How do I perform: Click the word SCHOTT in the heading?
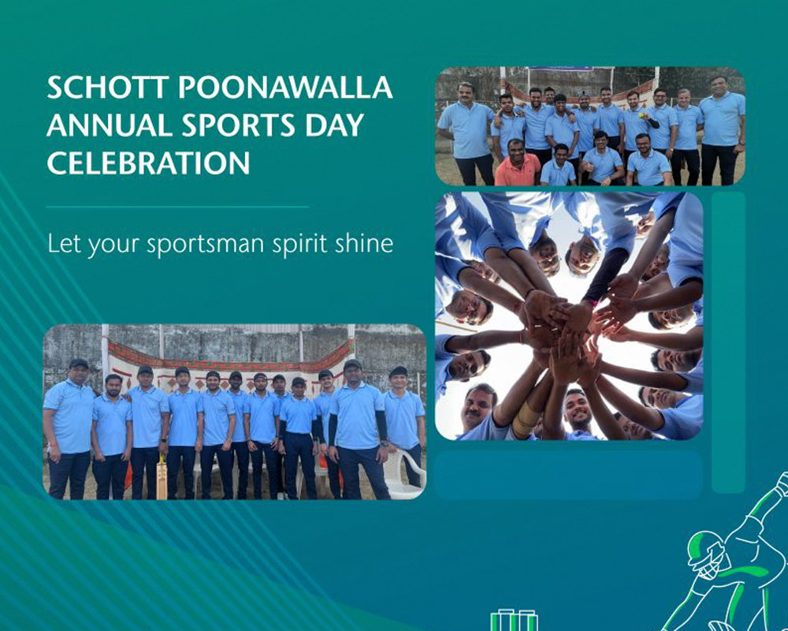click(107, 88)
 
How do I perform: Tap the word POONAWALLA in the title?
click(285, 88)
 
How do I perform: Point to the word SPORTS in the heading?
click(238, 125)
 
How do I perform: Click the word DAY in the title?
click(333, 125)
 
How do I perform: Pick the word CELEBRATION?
click(148, 162)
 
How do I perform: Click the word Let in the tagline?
click(64, 244)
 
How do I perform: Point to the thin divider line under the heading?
click(177, 207)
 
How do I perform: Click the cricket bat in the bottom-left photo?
click(162, 476)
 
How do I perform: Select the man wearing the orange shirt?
click(517, 162)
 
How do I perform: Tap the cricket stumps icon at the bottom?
click(514, 620)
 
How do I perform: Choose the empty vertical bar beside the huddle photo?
click(728, 342)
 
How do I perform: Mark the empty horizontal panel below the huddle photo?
click(568, 475)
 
